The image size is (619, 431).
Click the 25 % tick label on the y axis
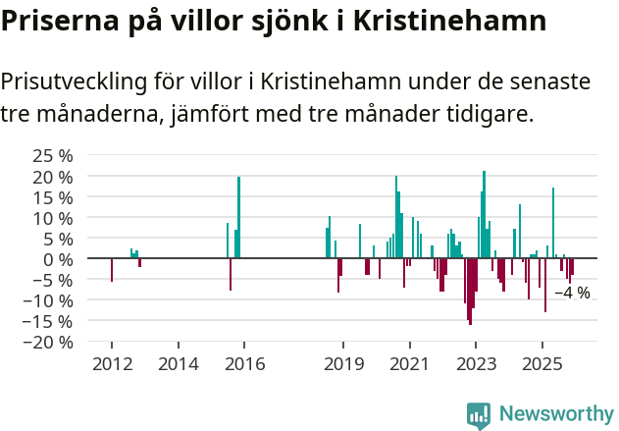click(x=53, y=156)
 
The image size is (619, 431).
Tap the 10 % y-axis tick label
click(x=53, y=218)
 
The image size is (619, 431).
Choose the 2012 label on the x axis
click(x=111, y=364)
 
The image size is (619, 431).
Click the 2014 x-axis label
click(x=178, y=364)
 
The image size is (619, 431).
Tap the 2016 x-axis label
click(x=244, y=364)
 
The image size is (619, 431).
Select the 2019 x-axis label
click(x=343, y=364)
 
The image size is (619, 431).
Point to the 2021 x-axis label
click(x=409, y=364)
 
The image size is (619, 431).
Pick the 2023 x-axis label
click(x=475, y=364)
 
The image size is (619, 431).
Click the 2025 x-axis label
click(x=542, y=364)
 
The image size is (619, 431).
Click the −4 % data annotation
click(x=572, y=293)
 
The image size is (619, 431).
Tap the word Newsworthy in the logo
click(x=556, y=414)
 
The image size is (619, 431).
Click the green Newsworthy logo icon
click(x=479, y=415)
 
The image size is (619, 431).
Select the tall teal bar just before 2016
click(x=238, y=217)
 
